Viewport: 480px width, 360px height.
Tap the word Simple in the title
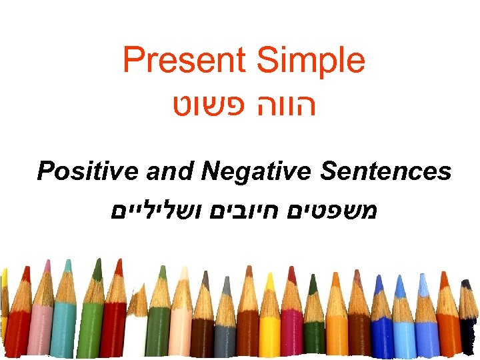coord(311,61)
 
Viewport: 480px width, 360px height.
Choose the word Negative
coord(256,171)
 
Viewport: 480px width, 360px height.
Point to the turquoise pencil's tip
coord(67,266)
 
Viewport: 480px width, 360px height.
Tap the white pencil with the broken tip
coord(136,327)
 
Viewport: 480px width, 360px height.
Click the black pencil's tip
coord(466,284)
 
